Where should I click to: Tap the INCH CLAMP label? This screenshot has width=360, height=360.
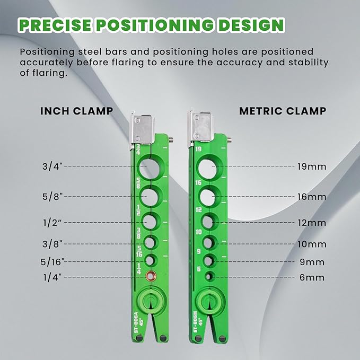76,111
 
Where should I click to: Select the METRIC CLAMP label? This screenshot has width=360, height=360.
282,111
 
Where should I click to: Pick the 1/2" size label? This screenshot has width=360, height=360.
54,223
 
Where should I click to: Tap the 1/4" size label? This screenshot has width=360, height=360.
54,277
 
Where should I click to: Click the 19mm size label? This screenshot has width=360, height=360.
312,166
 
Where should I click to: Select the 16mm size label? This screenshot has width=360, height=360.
312,197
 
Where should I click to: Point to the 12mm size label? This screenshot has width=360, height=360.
312,223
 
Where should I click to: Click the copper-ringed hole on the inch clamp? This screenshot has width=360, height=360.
151,275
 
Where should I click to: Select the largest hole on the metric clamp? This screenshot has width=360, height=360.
208,169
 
